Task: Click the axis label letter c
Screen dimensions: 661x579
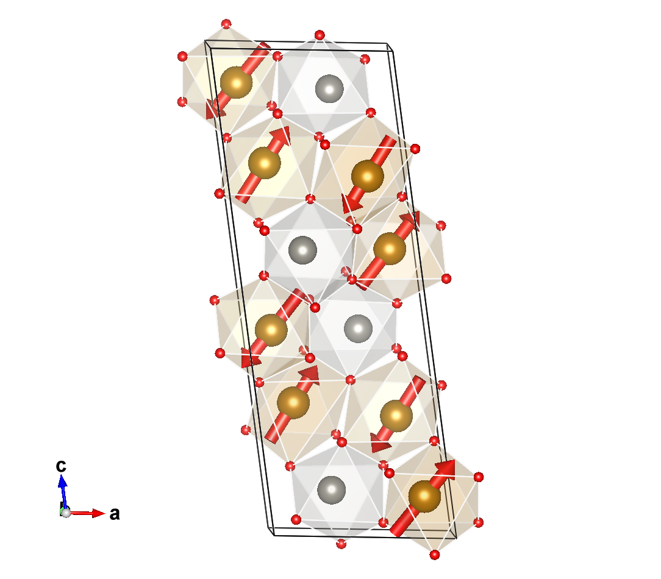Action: click(61, 466)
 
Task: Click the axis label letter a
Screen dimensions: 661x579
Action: click(115, 514)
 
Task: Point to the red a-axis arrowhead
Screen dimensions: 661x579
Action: click(99, 513)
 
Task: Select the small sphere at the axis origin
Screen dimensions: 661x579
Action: click(66, 513)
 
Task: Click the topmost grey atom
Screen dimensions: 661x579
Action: click(329, 89)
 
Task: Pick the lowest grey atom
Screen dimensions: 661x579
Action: click(331, 490)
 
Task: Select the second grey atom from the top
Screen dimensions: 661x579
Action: click(302, 250)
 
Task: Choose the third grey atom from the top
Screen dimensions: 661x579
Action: click(359, 329)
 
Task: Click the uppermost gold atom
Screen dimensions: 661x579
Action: click(236, 83)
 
